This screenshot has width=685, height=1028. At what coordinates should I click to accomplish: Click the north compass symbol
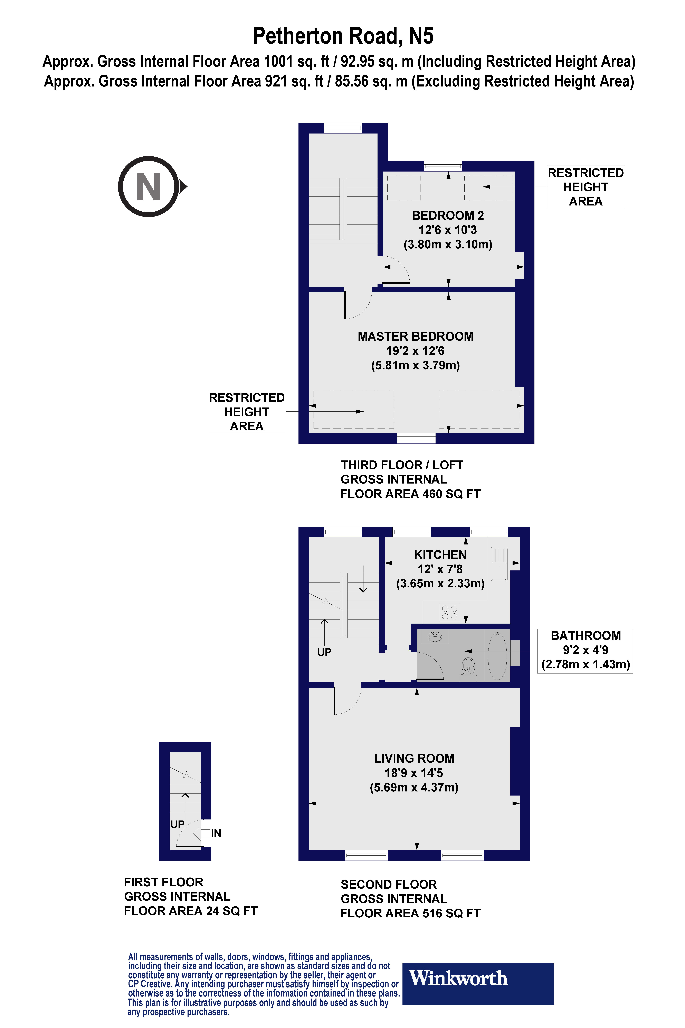click(x=149, y=187)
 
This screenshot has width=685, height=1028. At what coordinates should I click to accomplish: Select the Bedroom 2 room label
click(x=448, y=229)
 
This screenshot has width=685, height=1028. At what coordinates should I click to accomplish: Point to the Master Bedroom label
click(x=415, y=351)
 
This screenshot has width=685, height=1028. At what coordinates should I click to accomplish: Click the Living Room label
click(x=414, y=772)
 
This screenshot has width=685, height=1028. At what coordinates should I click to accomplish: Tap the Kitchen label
click(x=440, y=569)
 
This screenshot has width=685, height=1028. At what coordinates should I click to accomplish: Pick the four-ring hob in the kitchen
click(x=449, y=612)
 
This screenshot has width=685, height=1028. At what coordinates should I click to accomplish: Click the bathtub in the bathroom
click(x=497, y=656)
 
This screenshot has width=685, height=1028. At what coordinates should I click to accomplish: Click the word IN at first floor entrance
click(x=216, y=833)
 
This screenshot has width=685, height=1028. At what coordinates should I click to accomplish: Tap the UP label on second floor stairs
click(x=324, y=652)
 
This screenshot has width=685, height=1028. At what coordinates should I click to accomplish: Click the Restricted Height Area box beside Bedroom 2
click(x=585, y=187)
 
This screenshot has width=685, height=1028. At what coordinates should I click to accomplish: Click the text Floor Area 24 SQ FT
click(x=190, y=911)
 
